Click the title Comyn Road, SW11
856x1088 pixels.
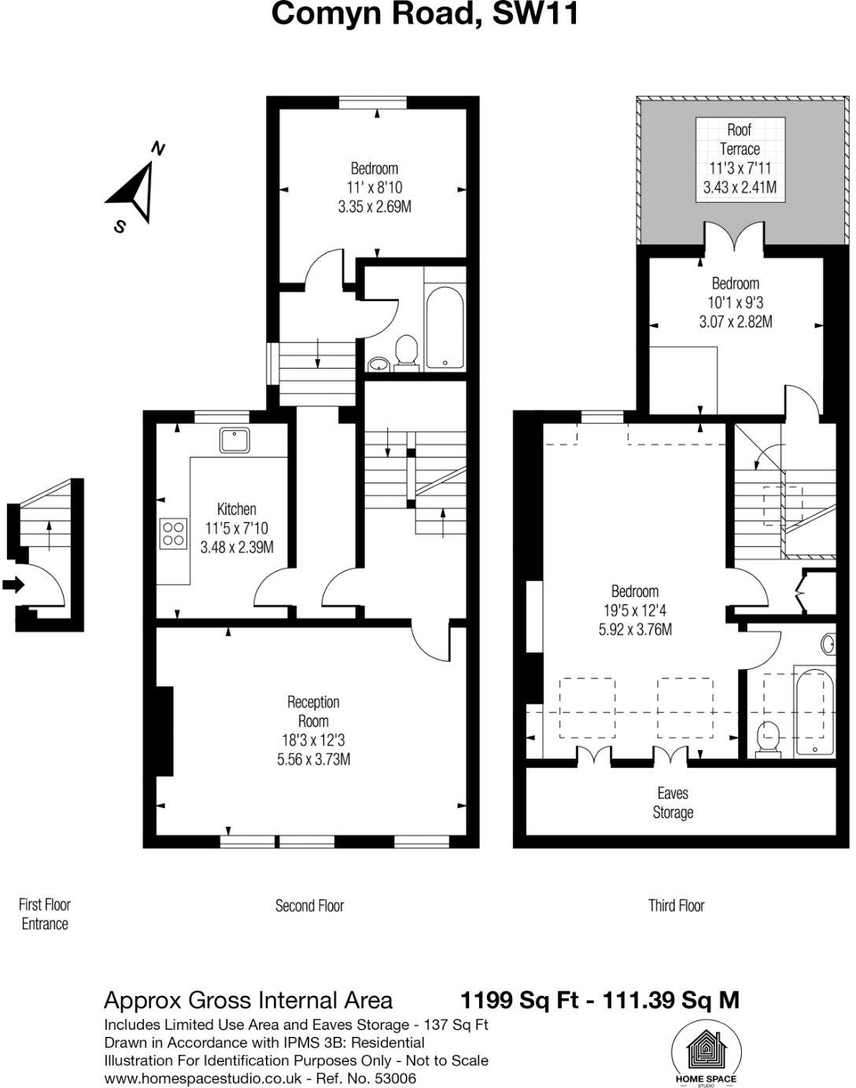tap(425, 14)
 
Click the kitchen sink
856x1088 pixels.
tap(234, 440)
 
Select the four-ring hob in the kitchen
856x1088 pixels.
tap(175, 534)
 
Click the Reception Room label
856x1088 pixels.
tap(313, 711)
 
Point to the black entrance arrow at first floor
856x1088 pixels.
tap(13, 585)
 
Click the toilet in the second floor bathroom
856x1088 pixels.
tap(407, 351)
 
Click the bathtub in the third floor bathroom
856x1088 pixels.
tap(813, 711)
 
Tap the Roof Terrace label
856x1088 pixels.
tap(740, 139)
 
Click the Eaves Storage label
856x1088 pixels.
tap(673, 803)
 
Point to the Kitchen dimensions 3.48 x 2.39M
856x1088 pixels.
tap(237, 547)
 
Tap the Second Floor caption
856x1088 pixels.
tap(309, 906)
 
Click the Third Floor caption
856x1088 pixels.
tap(676, 906)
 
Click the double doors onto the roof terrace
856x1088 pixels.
tap(734, 237)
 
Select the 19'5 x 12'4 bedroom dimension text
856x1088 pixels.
tap(634, 610)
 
